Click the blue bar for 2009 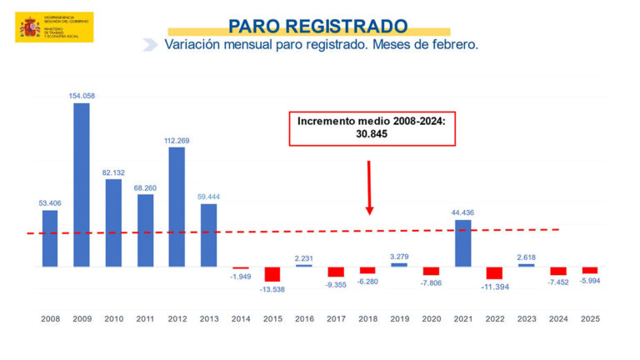82,185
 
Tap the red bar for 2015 272,274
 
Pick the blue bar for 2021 462,243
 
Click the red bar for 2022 494,273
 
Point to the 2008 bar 50,238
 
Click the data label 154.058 82,96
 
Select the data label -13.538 272,289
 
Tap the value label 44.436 462,213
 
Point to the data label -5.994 590,281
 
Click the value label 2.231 304,257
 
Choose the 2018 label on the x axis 367,319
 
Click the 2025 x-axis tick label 590,319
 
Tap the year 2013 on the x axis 208,319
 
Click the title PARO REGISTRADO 318,25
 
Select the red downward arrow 368,188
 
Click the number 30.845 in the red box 372,133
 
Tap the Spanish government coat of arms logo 30,27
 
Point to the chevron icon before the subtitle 150,45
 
